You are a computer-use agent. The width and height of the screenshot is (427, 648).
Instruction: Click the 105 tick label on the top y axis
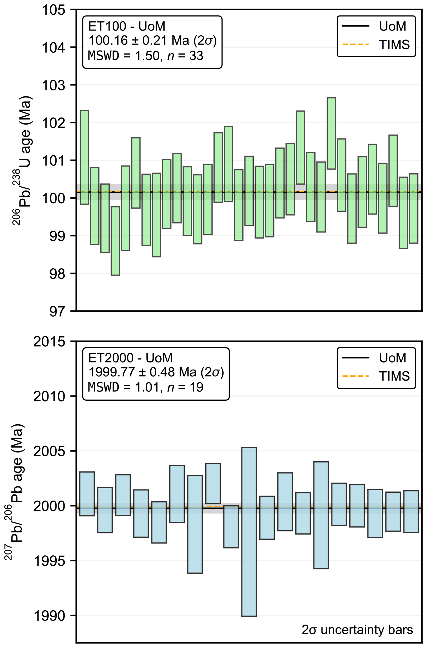pyautogui.click(x=54, y=10)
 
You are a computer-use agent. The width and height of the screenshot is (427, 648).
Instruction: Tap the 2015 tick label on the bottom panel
pyautogui.click(x=49, y=342)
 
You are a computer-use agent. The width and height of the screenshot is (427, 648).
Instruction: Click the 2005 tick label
pyautogui.click(x=49, y=451)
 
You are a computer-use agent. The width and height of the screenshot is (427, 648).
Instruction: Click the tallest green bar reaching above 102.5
pyautogui.click(x=331, y=133)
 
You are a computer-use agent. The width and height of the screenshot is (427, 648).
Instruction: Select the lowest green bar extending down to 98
pyautogui.click(x=115, y=241)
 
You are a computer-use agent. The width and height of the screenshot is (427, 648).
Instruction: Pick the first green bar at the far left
pyautogui.click(x=84, y=157)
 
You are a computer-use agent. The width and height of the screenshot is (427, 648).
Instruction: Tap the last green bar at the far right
pyautogui.click(x=414, y=208)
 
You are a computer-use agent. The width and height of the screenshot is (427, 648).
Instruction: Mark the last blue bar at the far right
pyautogui.click(x=411, y=511)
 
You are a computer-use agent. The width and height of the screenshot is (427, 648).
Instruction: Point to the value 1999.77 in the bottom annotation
pyautogui.click(x=112, y=372)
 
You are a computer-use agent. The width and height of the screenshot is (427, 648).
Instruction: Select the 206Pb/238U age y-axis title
pyautogui.click(x=22, y=161)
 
